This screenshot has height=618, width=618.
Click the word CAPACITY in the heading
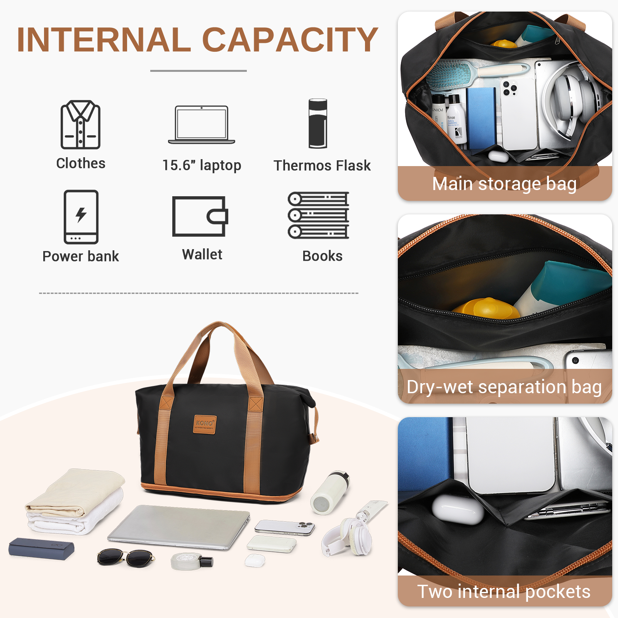point(290,39)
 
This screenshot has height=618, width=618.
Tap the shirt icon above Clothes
point(80,124)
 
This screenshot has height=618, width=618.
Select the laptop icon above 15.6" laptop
point(202,124)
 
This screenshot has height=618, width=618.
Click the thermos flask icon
point(318,124)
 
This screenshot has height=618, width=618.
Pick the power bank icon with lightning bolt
point(81,217)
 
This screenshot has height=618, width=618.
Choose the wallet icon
point(200,216)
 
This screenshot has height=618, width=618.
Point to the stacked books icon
point(319,215)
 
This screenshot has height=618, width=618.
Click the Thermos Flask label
point(322,165)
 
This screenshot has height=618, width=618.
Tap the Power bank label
point(81,256)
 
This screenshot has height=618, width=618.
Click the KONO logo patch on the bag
point(205,424)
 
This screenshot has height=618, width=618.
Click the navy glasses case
point(41,548)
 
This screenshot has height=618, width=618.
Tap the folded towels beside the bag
point(75,502)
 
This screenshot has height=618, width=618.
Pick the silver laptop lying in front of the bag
point(179,526)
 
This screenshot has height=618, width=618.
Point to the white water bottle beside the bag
point(330,492)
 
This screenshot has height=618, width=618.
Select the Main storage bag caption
point(504,184)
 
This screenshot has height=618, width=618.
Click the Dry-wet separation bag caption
point(504,387)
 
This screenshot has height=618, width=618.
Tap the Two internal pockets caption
point(504,591)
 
